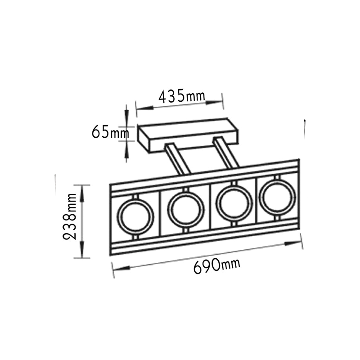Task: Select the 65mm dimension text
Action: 110,132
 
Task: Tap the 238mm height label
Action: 69,216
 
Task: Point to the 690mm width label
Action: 217,266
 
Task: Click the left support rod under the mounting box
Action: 177,159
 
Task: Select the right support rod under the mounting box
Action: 226,152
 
